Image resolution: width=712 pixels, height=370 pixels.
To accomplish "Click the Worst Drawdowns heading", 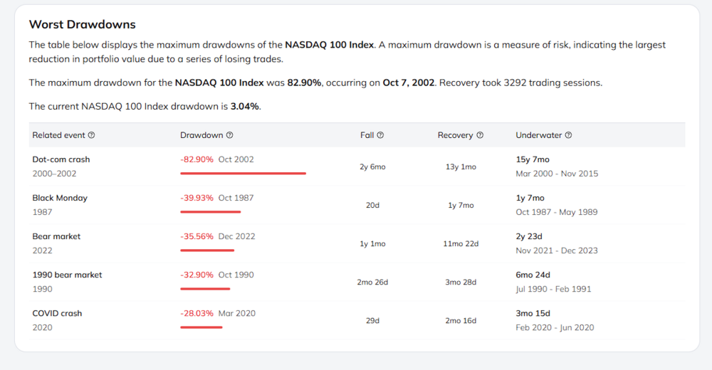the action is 82,24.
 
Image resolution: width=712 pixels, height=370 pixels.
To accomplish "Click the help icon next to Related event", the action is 91,135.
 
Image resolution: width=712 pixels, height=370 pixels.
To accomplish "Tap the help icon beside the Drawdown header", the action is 230,135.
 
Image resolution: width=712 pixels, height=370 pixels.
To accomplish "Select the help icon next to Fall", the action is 380,135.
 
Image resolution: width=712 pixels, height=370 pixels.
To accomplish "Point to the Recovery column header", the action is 456,135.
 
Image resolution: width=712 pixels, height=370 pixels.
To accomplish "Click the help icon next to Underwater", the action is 568,135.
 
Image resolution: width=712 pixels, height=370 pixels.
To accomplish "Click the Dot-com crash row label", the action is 61,159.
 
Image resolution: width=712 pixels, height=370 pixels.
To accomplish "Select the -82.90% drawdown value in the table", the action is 197,159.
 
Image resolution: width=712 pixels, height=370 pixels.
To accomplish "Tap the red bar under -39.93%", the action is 210,211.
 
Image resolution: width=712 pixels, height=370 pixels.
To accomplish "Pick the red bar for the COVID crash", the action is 201,327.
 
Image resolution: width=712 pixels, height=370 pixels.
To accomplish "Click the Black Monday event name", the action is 60,198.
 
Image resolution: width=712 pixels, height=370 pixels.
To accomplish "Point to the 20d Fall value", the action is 373,205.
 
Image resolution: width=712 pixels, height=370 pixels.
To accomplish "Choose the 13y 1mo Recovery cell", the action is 461,166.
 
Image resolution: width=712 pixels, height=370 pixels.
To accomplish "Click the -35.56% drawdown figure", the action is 197,236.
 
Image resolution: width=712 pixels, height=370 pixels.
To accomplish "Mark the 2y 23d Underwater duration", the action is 529,236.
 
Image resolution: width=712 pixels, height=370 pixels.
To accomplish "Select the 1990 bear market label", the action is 67,275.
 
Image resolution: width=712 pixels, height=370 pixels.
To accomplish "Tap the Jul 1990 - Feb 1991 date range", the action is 553,289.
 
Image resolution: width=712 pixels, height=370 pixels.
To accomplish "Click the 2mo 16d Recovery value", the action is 461,320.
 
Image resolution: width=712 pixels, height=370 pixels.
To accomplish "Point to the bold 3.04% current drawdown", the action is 245,106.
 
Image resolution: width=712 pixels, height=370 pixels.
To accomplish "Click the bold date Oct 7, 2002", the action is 409,83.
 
